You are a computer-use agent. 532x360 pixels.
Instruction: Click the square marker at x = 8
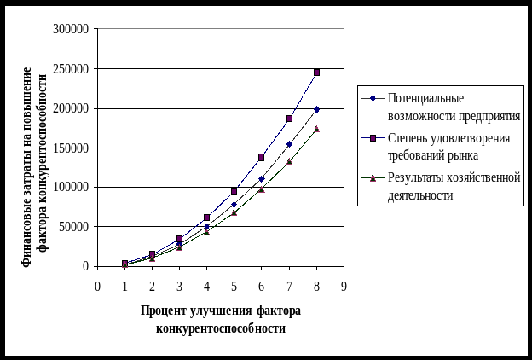pyautogui.click(x=316, y=73)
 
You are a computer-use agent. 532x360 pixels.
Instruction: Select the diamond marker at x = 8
pyautogui.click(x=316, y=109)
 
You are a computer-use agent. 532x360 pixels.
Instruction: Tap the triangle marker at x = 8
pyautogui.click(x=316, y=130)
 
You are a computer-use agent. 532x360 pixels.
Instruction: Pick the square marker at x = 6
pyautogui.click(x=262, y=158)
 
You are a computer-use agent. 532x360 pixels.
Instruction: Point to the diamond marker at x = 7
pyautogui.click(x=289, y=143)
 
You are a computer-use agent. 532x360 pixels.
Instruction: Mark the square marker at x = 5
pyautogui.click(x=234, y=191)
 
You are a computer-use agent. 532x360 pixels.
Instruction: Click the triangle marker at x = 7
pyautogui.click(x=289, y=160)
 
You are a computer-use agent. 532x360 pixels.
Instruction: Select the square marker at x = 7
pyautogui.click(x=289, y=119)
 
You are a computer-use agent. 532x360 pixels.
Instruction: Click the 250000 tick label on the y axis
pyautogui.click(x=74, y=68)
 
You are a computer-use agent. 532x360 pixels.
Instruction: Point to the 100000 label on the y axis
pyautogui.click(x=74, y=187)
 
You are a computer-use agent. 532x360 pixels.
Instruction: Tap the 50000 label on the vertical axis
pyautogui.click(x=77, y=226)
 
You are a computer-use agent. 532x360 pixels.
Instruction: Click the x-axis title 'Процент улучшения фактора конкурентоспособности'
pyautogui.click(x=221, y=319)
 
